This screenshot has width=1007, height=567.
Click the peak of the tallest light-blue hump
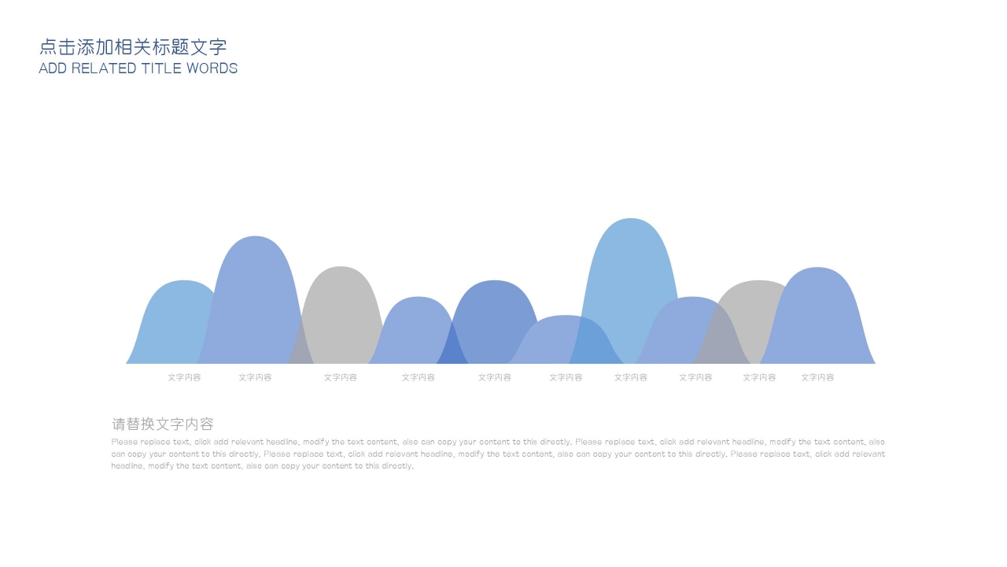click(631, 219)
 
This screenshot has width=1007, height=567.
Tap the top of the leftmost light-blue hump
click(184, 281)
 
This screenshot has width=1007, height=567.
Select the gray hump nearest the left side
click(341, 315)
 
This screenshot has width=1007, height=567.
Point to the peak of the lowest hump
click(566, 316)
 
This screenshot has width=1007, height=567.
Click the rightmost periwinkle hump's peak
click(817, 268)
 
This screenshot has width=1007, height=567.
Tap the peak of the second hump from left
click(255, 236)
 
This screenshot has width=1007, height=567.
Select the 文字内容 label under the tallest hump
click(631, 377)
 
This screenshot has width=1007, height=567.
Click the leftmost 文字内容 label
click(184, 377)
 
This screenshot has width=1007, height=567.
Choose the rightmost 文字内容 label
click(817, 377)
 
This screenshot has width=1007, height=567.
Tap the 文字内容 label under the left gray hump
click(341, 377)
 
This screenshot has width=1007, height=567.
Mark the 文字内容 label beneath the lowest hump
click(566, 377)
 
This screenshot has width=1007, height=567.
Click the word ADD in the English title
click(53, 69)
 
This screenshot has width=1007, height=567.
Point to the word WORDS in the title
click(212, 69)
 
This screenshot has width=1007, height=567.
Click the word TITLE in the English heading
click(161, 69)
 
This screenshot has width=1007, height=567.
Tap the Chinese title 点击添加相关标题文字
click(133, 46)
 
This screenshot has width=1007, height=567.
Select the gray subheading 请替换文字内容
click(162, 424)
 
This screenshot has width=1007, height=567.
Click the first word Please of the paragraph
click(124, 442)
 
